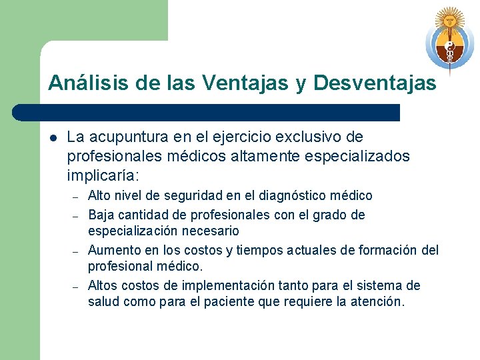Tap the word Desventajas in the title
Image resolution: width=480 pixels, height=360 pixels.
tap(374, 83)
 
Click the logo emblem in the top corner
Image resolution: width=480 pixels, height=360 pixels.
tap(449, 40)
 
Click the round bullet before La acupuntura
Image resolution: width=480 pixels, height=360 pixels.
tap(53, 138)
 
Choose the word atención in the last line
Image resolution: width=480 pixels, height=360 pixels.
tap(380, 302)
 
